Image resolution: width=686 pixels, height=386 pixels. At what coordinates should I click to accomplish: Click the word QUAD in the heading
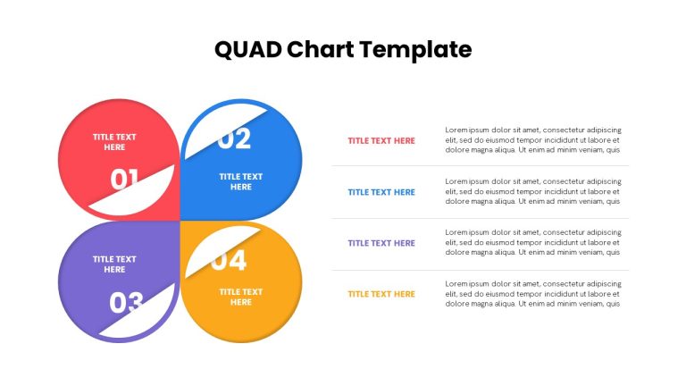pos(248,49)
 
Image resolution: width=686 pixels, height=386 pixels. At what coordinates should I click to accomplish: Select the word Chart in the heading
pos(321,49)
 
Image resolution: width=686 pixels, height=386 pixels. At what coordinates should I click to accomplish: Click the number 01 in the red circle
pos(124,180)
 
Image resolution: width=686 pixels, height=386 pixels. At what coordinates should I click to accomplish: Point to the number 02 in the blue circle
pos(235,139)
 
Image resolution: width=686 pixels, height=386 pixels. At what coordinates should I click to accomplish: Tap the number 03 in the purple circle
pos(126,302)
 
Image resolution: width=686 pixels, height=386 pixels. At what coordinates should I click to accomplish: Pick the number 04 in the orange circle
pos(229,261)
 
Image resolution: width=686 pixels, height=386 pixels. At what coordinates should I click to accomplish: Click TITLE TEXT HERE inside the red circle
pos(114,142)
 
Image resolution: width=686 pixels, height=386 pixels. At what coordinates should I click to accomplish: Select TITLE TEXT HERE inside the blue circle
pos(241,181)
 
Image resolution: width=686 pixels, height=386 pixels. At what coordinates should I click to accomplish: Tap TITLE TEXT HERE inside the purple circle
pos(114,264)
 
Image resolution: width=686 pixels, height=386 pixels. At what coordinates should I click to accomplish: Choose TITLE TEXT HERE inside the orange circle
pos(241,297)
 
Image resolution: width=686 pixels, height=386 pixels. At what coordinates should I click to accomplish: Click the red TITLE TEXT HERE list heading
pos(381,141)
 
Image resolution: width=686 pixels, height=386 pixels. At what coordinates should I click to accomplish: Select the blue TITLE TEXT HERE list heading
pos(381,192)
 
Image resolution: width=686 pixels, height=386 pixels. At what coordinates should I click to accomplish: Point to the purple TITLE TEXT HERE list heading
pos(381,243)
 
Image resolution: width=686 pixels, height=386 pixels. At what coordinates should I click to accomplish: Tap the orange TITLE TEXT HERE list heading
pos(381,294)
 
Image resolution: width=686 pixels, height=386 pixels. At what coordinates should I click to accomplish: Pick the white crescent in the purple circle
pos(145,317)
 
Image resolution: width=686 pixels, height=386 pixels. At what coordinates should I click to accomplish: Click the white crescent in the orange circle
pos(214,249)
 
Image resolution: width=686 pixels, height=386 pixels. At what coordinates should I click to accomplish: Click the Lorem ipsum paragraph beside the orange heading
pos(533,294)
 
